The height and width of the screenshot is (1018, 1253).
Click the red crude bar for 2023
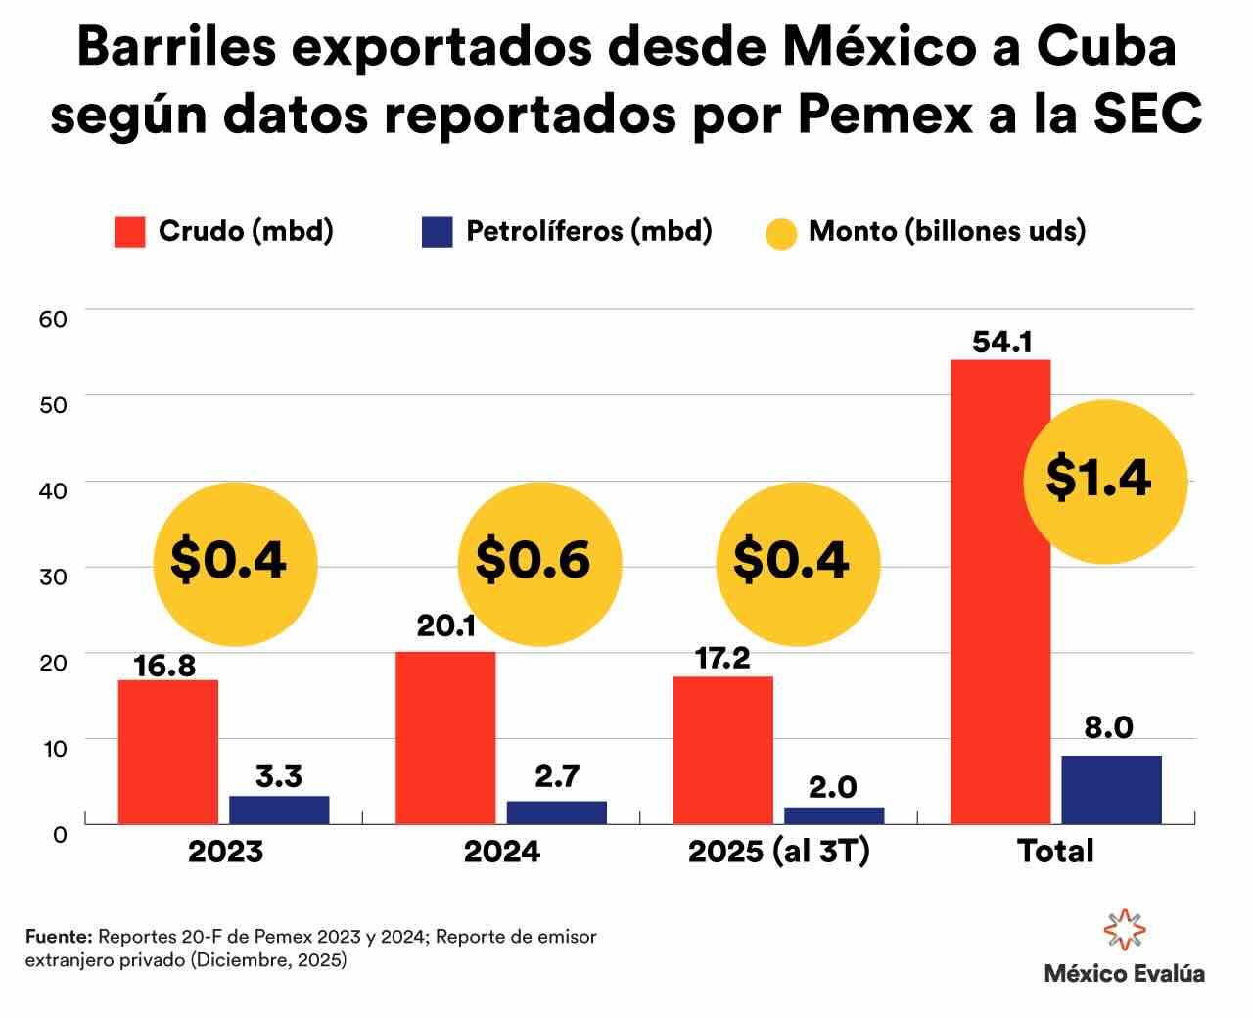(x=168, y=752)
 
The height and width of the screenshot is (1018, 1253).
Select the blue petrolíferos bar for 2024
(x=556, y=812)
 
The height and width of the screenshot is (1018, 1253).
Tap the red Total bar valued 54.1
(x=999, y=591)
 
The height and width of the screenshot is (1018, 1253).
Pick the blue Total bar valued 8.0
(x=1111, y=789)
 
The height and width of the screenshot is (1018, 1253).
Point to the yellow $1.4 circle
(x=1104, y=481)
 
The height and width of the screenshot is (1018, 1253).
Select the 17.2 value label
(x=722, y=658)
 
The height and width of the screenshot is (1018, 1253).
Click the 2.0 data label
(x=833, y=787)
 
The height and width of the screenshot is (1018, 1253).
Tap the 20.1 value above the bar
(x=445, y=626)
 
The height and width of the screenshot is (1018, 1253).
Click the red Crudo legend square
(x=130, y=232)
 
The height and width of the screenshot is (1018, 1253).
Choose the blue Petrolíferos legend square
(x=437, y=232)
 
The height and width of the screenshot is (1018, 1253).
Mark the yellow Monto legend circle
(x=780, y=233)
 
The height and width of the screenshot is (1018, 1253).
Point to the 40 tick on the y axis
(x=53, y=489)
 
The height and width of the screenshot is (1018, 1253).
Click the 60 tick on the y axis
(x=53, y=318)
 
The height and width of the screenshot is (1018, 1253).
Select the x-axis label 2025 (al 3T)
(x=778, y=852)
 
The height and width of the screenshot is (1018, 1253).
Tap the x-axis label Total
(x=1054, y=852)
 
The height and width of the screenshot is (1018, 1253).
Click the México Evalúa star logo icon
(x=1124, y=930)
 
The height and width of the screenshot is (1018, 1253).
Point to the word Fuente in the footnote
(x=58, y=937)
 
